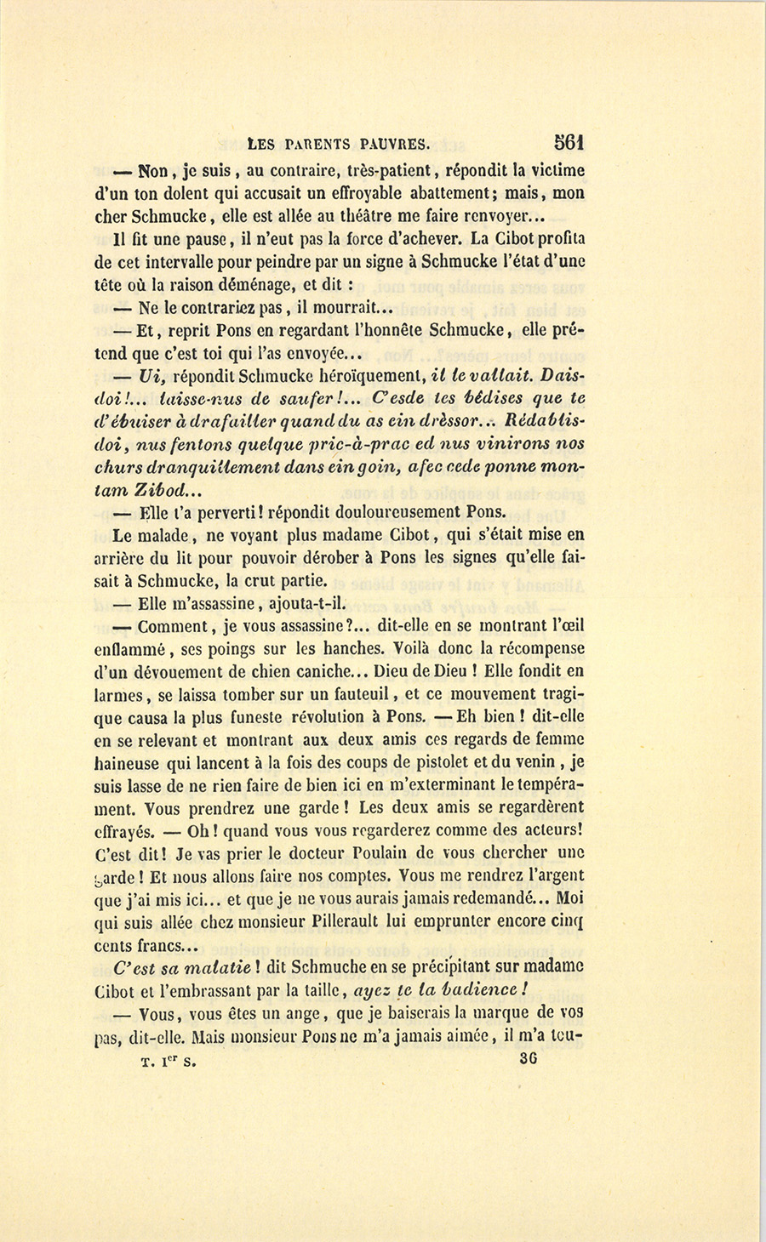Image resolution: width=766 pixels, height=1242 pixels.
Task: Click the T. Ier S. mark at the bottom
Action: (x=169, y=1062)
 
